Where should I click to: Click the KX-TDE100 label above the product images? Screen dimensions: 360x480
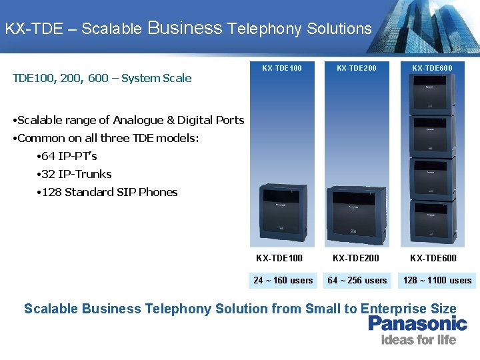pos(282,68)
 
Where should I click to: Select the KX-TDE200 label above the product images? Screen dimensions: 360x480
pos(357,68)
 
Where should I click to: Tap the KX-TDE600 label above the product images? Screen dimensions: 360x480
pos(432,68)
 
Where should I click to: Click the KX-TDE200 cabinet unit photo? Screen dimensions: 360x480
pos(357,215)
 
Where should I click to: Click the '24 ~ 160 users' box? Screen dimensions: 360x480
pos(283,281)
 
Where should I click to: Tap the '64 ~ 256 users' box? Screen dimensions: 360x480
pos(357,281)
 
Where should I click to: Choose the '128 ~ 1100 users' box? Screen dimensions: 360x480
pos(437,281)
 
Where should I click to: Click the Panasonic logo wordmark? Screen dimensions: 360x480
pos(418,324)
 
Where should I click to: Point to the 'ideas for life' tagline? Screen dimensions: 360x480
pos(418,340)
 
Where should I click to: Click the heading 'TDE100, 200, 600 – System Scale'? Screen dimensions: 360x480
pos(102,78)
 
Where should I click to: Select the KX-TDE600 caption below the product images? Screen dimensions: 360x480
pos(433,258)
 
